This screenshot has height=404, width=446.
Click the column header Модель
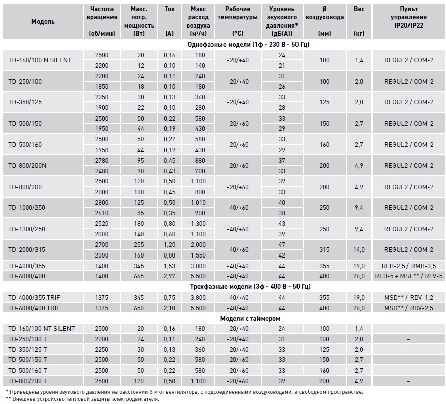click(x=43, y=22)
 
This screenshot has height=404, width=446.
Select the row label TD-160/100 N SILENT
click(x=40, y=60)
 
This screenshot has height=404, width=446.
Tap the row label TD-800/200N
click(x=27, y=166)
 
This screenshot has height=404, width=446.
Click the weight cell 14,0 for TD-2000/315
click(x=359, y=250)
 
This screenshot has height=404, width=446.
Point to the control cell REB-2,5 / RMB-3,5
click(x=408, y=266)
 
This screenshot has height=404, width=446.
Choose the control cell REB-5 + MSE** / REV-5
click(x=408, y=276)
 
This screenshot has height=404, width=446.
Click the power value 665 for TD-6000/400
click(x=139, y=276)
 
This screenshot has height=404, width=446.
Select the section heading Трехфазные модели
click(x=250, y=287)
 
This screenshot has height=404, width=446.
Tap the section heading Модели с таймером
click(x=250, y=319)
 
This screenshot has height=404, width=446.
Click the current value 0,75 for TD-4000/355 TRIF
click(x=169, y=298)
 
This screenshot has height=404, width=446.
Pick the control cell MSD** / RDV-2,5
click(x=408, y=308)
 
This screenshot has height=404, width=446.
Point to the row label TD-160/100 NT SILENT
click(x=42, y=329)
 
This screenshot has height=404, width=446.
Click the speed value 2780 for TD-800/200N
click(x=102, y=161)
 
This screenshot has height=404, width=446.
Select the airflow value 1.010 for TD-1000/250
click(x=198, y=203)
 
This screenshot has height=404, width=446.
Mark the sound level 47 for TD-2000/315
click(x=282, y=245)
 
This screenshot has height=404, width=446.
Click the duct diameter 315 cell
click(x=324, y=250)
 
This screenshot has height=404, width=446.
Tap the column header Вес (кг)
click(x=359, y=21)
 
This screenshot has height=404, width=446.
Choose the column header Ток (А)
click(x=169, y=21)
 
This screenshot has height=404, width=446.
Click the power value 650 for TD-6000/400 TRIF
click(x=139, y=308)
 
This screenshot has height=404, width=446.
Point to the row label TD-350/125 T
click(x=27, y=350)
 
